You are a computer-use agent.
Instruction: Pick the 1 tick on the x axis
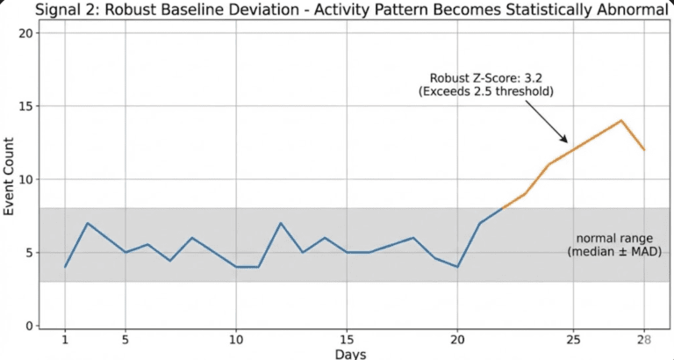click(x=65, y=339)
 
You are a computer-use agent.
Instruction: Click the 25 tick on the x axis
click(x=572, y=339)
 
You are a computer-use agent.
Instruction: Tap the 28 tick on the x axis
click(x=644, y=339)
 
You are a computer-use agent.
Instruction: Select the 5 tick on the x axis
click(x=125, y=339)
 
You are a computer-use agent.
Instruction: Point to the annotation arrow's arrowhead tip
click(x=568, y=141)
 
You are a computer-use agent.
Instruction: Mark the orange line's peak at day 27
click(x=621, y=120)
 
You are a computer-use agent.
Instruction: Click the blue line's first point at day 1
click(x=65, y=267)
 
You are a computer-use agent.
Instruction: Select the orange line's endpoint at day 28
click(x=644, y=149)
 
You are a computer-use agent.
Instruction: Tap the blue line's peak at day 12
click(x=280, y=223)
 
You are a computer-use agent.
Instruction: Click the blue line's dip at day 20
click(x=457, y=267)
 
